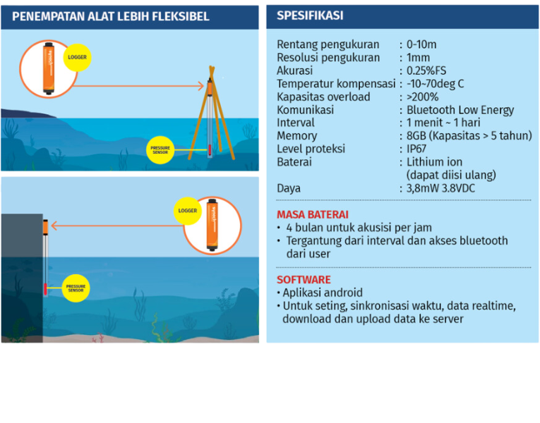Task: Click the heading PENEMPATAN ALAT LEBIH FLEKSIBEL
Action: click(x=111, y=16)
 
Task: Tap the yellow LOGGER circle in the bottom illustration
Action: click(x=188, y=210)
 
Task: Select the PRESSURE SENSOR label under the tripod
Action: click(x=160, y=149)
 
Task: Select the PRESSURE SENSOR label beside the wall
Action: click(x=76, y=288)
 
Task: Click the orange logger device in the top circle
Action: click(x=48, y=69)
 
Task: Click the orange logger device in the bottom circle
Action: click(x=211, y=224)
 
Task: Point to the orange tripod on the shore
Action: click(x=210, y=113)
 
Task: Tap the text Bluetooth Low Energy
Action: click(x=460, y=110)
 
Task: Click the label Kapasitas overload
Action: click(x=323, y=97)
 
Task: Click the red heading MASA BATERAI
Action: click(x=312, y=214)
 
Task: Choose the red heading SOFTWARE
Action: click(x=304, y=280)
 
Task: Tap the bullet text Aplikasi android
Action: click(x=323, y=293)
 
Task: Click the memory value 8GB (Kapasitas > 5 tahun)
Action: click(x=468, y=136)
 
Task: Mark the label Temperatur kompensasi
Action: click(x=335, y=84)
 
